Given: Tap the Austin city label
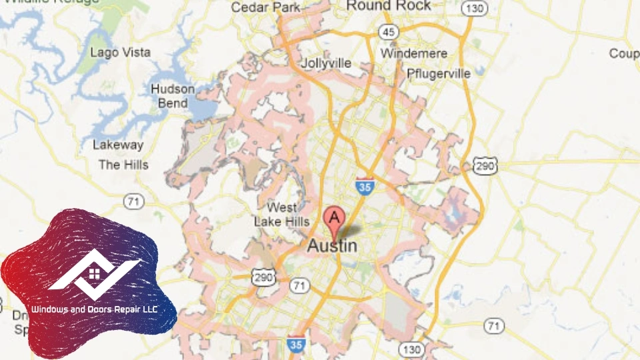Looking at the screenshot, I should [332, 245].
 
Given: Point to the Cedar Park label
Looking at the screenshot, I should [257, 7].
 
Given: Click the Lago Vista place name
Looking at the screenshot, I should [121, 52].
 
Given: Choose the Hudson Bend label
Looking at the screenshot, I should [173, 96].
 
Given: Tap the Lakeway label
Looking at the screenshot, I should [118, 145].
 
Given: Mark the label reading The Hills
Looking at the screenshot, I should [123, 165].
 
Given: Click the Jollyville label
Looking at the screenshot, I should [326, 63].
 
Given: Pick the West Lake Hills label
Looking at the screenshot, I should [282, 214].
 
